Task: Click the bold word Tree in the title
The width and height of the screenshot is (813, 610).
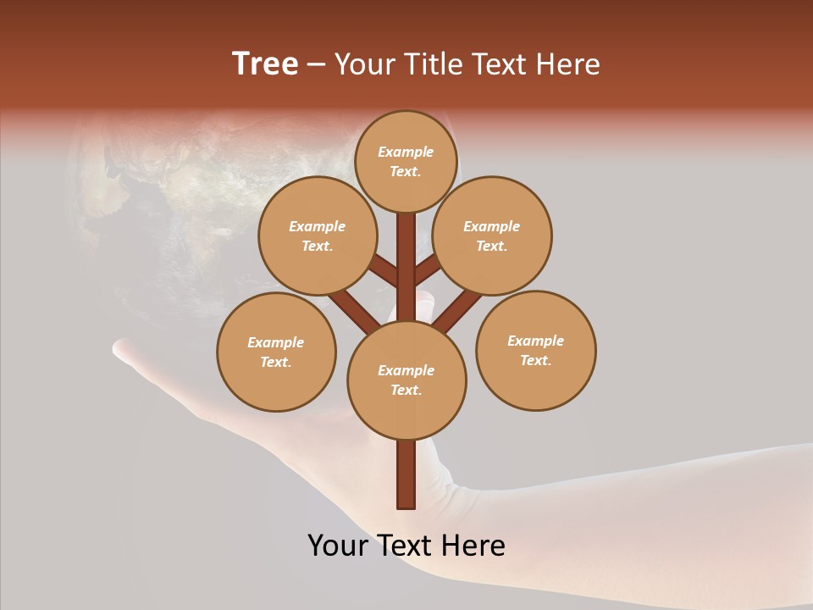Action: point(265,64)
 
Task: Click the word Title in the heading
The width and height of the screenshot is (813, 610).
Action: point(433,64)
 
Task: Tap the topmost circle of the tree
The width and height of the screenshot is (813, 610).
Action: point(406,161)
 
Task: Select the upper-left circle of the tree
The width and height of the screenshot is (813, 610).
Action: point(317,236)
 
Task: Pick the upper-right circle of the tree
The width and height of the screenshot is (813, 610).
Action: point(492,236)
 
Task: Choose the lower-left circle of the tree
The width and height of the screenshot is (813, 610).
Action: point(276,352)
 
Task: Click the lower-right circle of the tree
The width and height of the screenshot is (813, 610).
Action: point(536,350)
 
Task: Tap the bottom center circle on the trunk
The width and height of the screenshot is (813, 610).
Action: point(406,380)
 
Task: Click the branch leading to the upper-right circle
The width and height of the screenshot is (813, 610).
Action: point(427,271)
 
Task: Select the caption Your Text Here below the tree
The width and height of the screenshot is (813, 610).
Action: point(406,546)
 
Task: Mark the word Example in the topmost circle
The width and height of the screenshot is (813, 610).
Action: point(406,152)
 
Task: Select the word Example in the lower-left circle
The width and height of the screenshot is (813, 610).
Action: point(276,342)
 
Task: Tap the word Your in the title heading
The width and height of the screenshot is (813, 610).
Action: point(365,64)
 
